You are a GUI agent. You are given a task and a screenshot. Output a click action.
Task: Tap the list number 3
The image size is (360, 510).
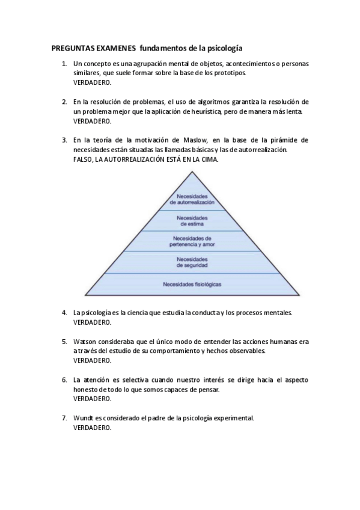(64, 140)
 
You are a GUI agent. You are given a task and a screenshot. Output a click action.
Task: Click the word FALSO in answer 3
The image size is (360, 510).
(83, 159)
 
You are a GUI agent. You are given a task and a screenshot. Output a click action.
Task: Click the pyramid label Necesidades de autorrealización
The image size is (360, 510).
(192, 200)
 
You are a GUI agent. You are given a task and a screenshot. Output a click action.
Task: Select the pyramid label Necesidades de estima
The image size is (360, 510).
(192, 221)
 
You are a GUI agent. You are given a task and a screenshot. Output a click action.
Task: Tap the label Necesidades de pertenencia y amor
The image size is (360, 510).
(192, 241)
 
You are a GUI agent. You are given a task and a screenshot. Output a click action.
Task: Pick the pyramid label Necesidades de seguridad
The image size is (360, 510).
(192, 262)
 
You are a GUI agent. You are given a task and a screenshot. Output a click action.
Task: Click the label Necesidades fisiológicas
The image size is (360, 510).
(192, 283)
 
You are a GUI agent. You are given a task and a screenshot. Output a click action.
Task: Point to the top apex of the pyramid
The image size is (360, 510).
(192, 171)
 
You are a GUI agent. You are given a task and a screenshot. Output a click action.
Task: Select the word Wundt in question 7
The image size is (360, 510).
(84, 418)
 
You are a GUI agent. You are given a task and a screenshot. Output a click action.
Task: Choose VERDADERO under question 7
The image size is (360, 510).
(92, 428)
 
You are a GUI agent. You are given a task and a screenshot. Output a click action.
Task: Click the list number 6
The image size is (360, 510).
(64, 380)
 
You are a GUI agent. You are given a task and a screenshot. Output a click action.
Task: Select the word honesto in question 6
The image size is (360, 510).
(85, 390)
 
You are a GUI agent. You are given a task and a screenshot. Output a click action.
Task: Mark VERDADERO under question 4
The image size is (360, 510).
(92, 322)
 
